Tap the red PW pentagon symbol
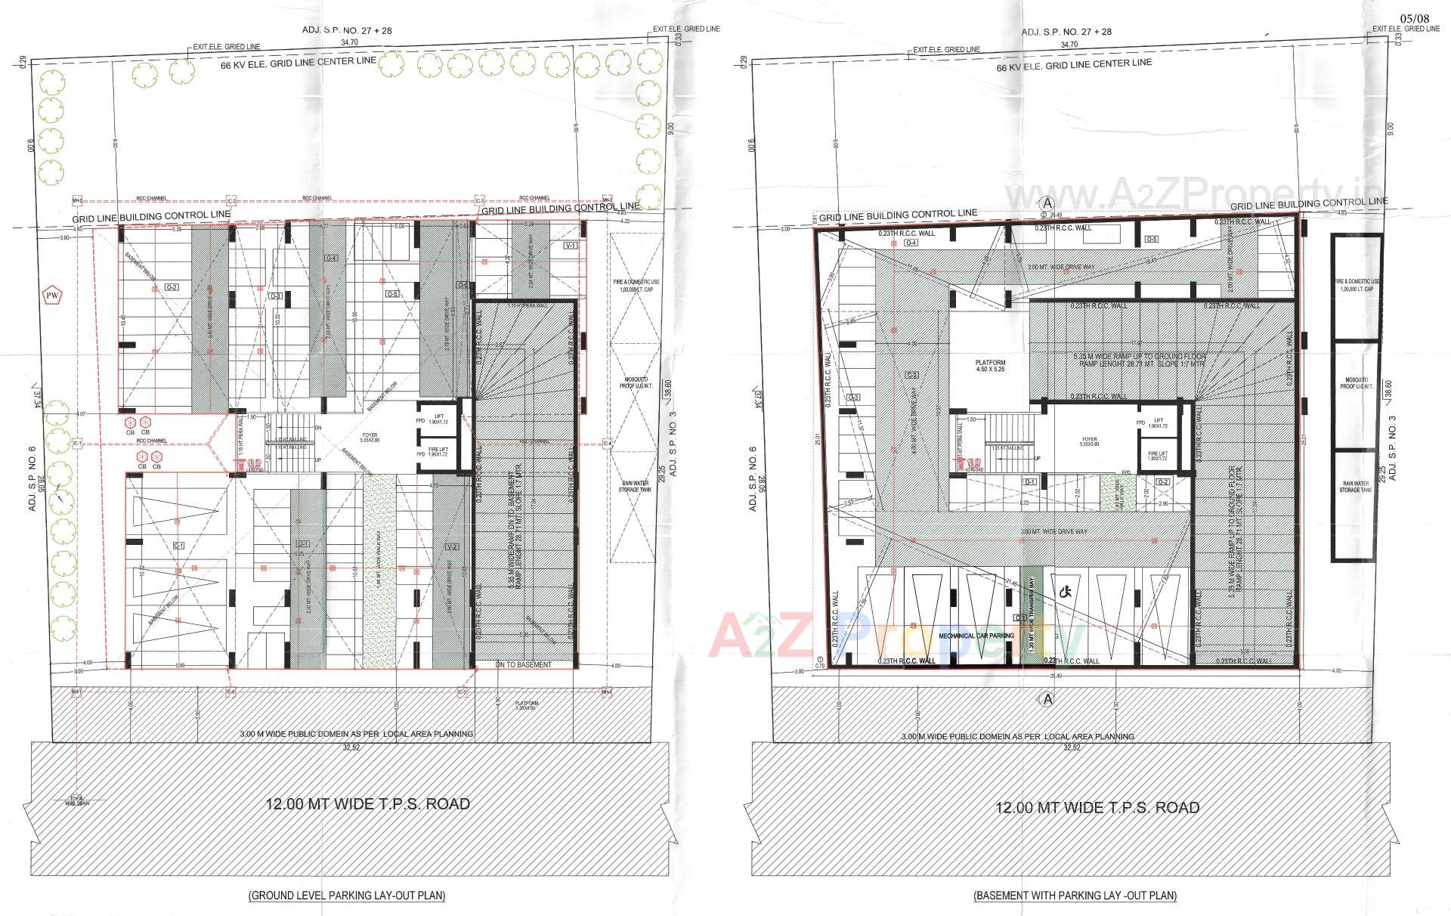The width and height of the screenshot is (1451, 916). click(52, 294)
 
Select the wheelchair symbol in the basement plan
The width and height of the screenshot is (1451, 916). click(1068, 593)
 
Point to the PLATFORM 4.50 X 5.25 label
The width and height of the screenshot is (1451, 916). click(991, 367)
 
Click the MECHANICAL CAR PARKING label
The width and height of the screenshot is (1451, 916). click(976, 636)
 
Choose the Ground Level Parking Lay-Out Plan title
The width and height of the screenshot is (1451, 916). click(347, 896)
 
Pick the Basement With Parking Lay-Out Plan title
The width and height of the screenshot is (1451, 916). click(1075, 896)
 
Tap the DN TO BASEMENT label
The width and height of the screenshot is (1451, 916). click(524, 665)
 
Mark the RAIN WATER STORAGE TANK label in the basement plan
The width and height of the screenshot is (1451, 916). click(1356, 487)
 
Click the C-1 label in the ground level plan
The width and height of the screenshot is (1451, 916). click(179, 545)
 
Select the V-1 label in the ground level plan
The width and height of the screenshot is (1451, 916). click(570, 246)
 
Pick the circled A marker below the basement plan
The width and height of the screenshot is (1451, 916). click(1047, 699)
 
